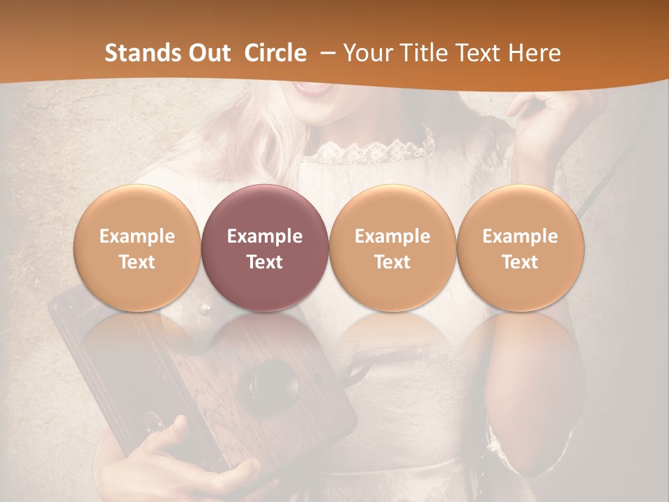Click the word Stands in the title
pos(139,53)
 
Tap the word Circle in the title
pos(275,53)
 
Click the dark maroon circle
pos(265,248)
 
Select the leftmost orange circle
pos(137,248)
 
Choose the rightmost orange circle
pos(520,248)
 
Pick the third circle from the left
pos(392,248)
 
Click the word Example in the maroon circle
pos(265,236)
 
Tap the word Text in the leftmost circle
pos(137,262)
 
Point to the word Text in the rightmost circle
pos(520,262)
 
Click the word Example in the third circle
pos(392,236)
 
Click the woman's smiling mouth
pos(312,88)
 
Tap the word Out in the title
pos(208,53)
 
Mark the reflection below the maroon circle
pos(265,342)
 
